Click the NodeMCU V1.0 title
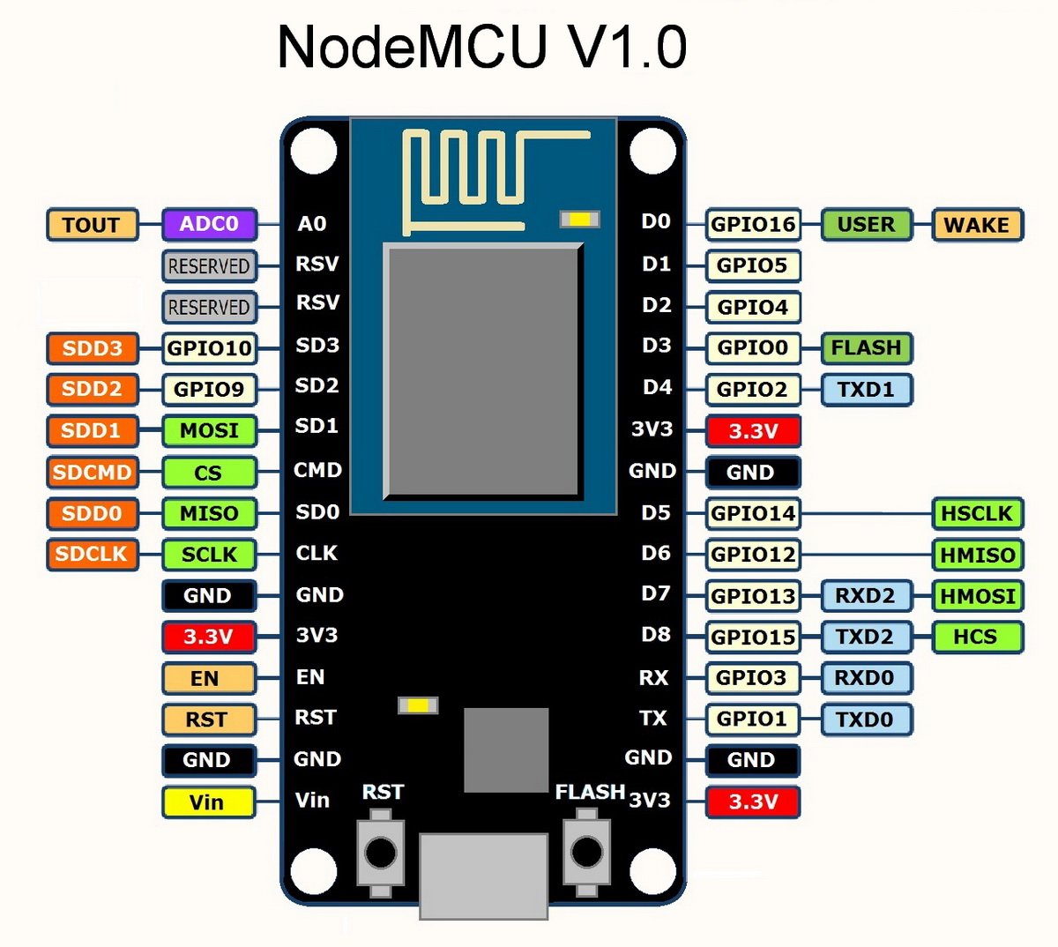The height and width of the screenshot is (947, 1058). [481, 47]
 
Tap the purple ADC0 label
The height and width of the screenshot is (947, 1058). [209, 224]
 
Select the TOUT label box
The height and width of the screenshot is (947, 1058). [92, 225]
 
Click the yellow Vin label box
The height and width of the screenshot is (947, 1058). [208, 802]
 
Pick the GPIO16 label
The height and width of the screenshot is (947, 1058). [753, 225]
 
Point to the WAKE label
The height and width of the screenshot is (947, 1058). [977, 225]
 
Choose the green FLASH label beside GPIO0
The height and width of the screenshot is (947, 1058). [866, 347]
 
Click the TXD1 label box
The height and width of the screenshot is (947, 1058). [866, 389]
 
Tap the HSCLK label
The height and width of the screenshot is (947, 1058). [977, 513]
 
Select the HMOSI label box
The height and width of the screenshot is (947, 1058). [977, 596]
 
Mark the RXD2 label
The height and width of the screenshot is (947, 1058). [866, 596]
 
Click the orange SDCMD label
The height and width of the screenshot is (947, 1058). [92, 472]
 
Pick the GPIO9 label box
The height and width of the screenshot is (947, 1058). [209, 389]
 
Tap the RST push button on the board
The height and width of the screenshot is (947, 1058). [381, 853]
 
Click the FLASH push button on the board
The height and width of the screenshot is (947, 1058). [587, 853]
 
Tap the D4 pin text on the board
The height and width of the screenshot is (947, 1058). [657, 387]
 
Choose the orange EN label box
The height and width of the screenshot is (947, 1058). [208, 678]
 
